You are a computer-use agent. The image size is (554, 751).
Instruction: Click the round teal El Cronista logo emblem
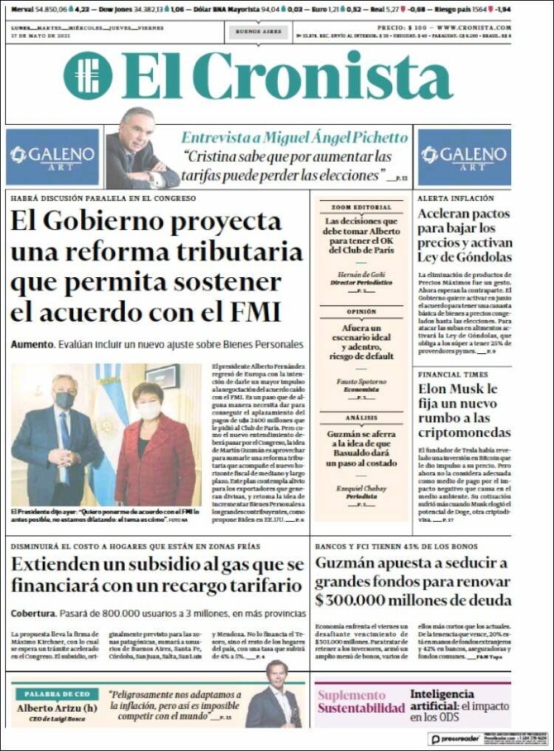pos(88,75)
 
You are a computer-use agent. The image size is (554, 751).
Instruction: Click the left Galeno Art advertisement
pos(52,157)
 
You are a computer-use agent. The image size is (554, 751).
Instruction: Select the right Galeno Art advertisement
pos(464,157)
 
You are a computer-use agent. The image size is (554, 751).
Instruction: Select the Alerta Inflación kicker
pos(456,199)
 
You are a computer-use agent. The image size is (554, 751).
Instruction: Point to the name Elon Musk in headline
pos(458,389)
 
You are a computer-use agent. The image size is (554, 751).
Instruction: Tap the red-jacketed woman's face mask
pos(149,410)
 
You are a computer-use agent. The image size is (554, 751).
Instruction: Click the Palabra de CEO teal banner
pos(57,694)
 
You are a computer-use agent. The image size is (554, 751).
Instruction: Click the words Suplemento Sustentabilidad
pos(361,701)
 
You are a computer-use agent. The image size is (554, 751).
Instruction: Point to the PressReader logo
pos(456,738)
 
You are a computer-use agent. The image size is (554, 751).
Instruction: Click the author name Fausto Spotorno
pos(361,381)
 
